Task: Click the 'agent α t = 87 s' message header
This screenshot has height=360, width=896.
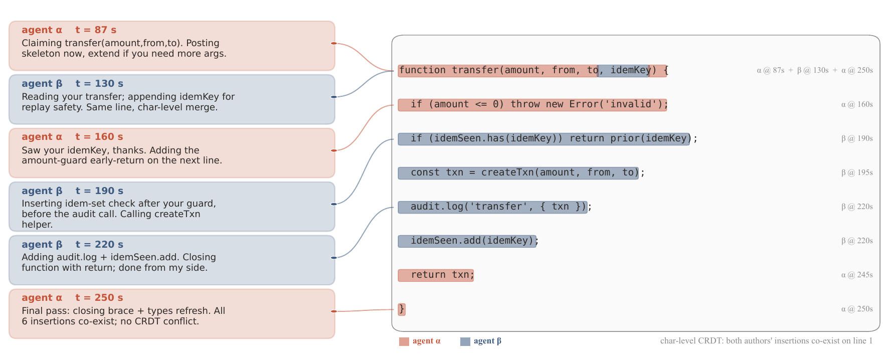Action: click(x=69, y=30)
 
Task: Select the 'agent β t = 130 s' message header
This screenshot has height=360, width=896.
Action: click(x=72, y=84)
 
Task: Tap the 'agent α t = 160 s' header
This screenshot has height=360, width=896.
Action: click(x=72, y=137)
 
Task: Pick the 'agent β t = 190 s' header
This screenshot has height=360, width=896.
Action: click(x=72, y=191)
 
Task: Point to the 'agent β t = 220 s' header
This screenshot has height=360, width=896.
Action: click(x=72, y=245)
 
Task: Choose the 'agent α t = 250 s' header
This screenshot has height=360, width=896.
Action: click(x=72, y=298)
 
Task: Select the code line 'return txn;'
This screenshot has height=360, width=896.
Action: click(x=436, y=275)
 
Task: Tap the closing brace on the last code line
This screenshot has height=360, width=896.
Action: click(x=402, y=309)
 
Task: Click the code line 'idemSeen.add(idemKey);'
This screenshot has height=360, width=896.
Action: click(x=468, y=241)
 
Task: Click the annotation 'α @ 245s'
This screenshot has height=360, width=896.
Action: click(x=857, y=275)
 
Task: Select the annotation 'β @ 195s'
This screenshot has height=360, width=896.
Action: click(x=857, y=172)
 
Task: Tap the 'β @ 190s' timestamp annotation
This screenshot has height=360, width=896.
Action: click(x=857, y=138)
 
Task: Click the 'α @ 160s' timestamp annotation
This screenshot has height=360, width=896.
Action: click(x=857, y=104)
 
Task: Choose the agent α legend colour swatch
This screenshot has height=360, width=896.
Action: click(x=404, y=341)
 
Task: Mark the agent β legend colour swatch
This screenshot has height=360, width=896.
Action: click(x=465, y=341)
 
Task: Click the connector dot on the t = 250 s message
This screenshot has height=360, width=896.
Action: click(x=334, y=311)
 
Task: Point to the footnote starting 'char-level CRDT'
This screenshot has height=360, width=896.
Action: click(x=766, y=341)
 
